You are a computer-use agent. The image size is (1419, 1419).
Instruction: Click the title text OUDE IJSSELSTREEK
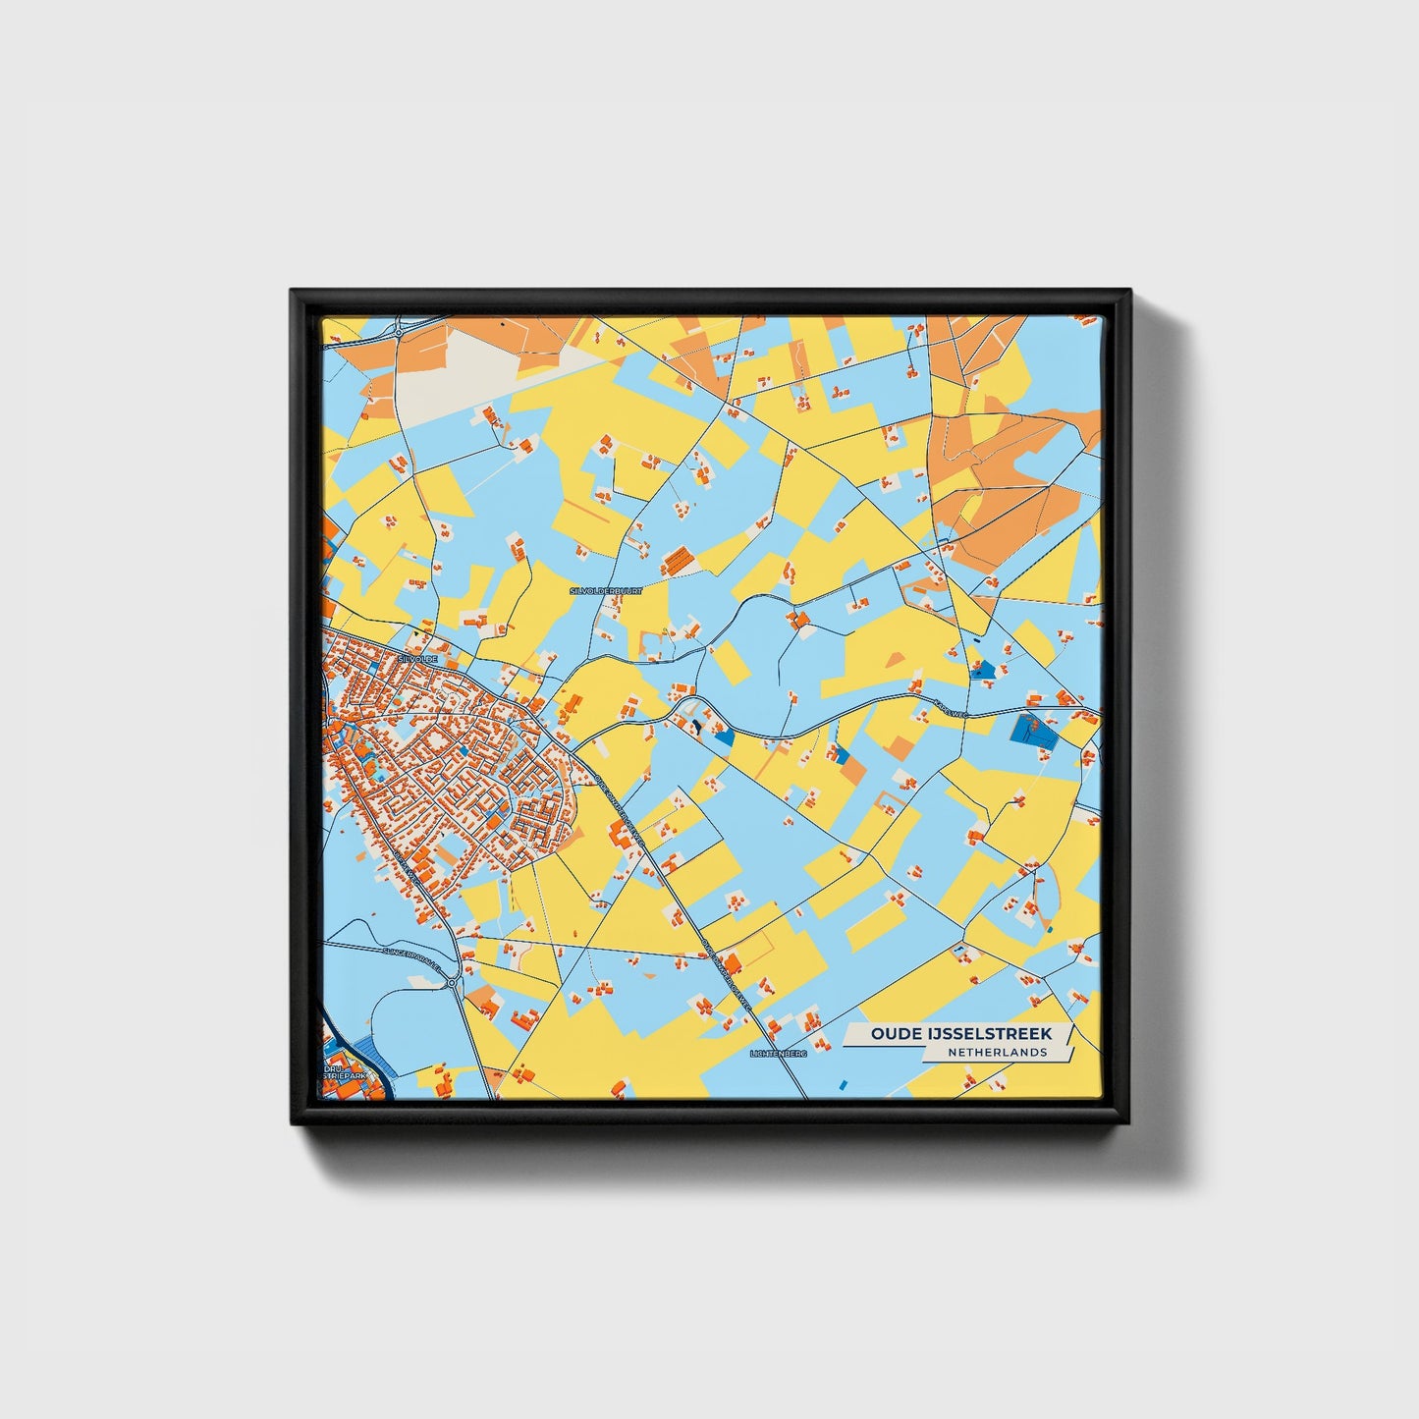(960, 1033)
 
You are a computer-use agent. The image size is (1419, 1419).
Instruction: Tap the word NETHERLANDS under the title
(997, 1052)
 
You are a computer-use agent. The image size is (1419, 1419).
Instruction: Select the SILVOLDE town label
(417, 659)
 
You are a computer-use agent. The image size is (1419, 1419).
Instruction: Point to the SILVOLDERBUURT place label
(605, 591)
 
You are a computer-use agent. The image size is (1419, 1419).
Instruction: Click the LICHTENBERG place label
(777, 1053)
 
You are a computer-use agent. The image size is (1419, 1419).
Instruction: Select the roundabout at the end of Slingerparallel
(452, 981)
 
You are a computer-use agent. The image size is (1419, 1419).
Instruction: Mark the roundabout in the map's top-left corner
(398, 334)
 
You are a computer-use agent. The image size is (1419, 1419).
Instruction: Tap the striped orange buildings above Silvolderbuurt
(677, 561)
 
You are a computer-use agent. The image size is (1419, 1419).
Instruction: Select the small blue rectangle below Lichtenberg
(843, 1083)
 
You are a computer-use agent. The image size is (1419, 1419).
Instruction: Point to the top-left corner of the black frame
(293, 292)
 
